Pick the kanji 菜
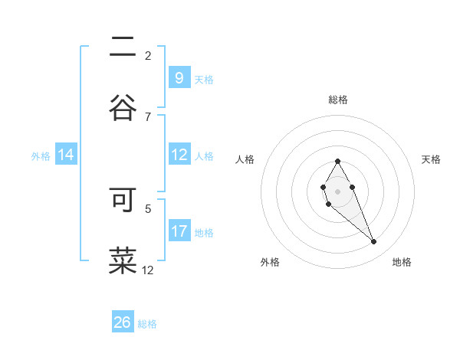123,260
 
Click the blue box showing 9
179,77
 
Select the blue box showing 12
179,155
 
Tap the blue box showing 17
179,231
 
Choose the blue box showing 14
66,155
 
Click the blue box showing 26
123,322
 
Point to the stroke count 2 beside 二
148,55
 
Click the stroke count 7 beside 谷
148,116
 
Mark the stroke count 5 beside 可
148,208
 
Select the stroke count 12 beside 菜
148,270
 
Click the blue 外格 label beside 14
41,155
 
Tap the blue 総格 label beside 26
147,324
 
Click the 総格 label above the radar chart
338,100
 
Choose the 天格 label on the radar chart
431,159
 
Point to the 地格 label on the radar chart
402,262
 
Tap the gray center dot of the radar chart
337,190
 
